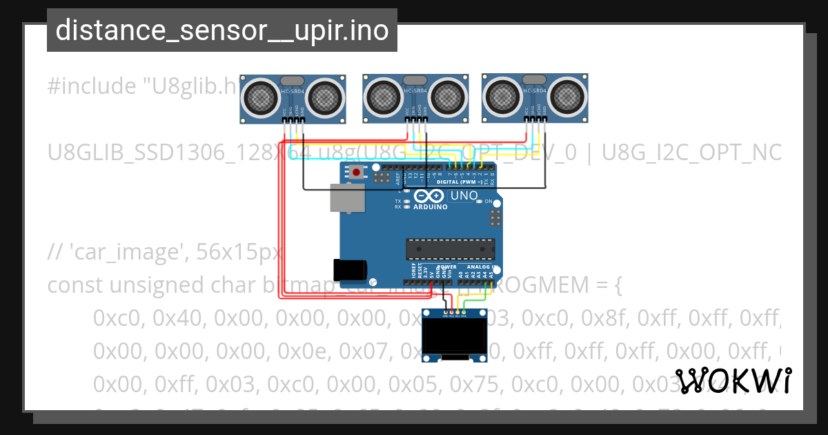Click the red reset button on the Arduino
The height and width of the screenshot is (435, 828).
click(356, 172)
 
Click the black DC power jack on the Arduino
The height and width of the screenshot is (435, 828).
click(348, 270)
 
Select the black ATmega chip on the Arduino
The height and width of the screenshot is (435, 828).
click(451, 249)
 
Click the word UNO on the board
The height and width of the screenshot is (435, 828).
click(464, 196)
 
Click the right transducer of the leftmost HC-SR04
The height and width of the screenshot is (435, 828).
click(324, 96)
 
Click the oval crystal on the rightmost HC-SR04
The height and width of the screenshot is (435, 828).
click(535, 80)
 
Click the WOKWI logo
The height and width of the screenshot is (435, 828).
click(733, 380)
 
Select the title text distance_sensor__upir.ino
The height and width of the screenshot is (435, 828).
click(221, 30)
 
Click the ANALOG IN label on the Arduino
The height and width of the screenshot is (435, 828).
click(481, 267)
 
